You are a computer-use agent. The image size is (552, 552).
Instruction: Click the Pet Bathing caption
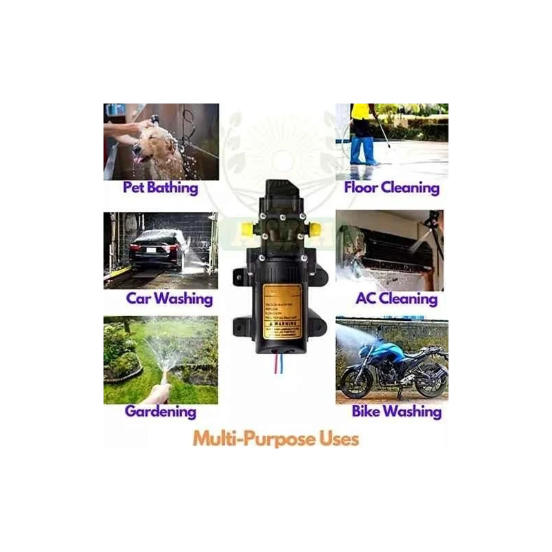(x=160, y=188)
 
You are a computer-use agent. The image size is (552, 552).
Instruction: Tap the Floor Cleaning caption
(x=391, y=188)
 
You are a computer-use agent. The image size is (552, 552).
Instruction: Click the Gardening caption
(x=160, y=412)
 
